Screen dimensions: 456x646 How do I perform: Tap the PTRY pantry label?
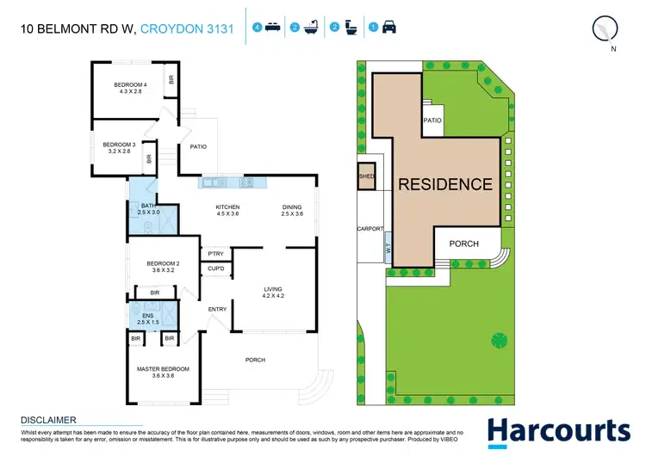click(x=215, y=253)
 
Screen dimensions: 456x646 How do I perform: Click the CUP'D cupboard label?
click(x=215, y=270)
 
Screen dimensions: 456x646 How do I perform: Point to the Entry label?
click(x=217, y=309)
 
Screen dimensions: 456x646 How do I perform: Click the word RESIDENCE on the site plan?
click(x=444, y=184)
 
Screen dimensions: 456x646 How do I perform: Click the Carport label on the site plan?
click(x=370, y=229)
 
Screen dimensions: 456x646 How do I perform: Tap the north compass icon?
click(x=606, y=28)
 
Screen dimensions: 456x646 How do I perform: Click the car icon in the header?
click(x=389, y=28)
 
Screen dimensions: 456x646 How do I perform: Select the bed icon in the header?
click(x=270, y=28)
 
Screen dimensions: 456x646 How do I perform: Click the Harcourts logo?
click(x=557, y=430)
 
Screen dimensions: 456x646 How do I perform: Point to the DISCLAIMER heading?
click(x=48, y=420)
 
